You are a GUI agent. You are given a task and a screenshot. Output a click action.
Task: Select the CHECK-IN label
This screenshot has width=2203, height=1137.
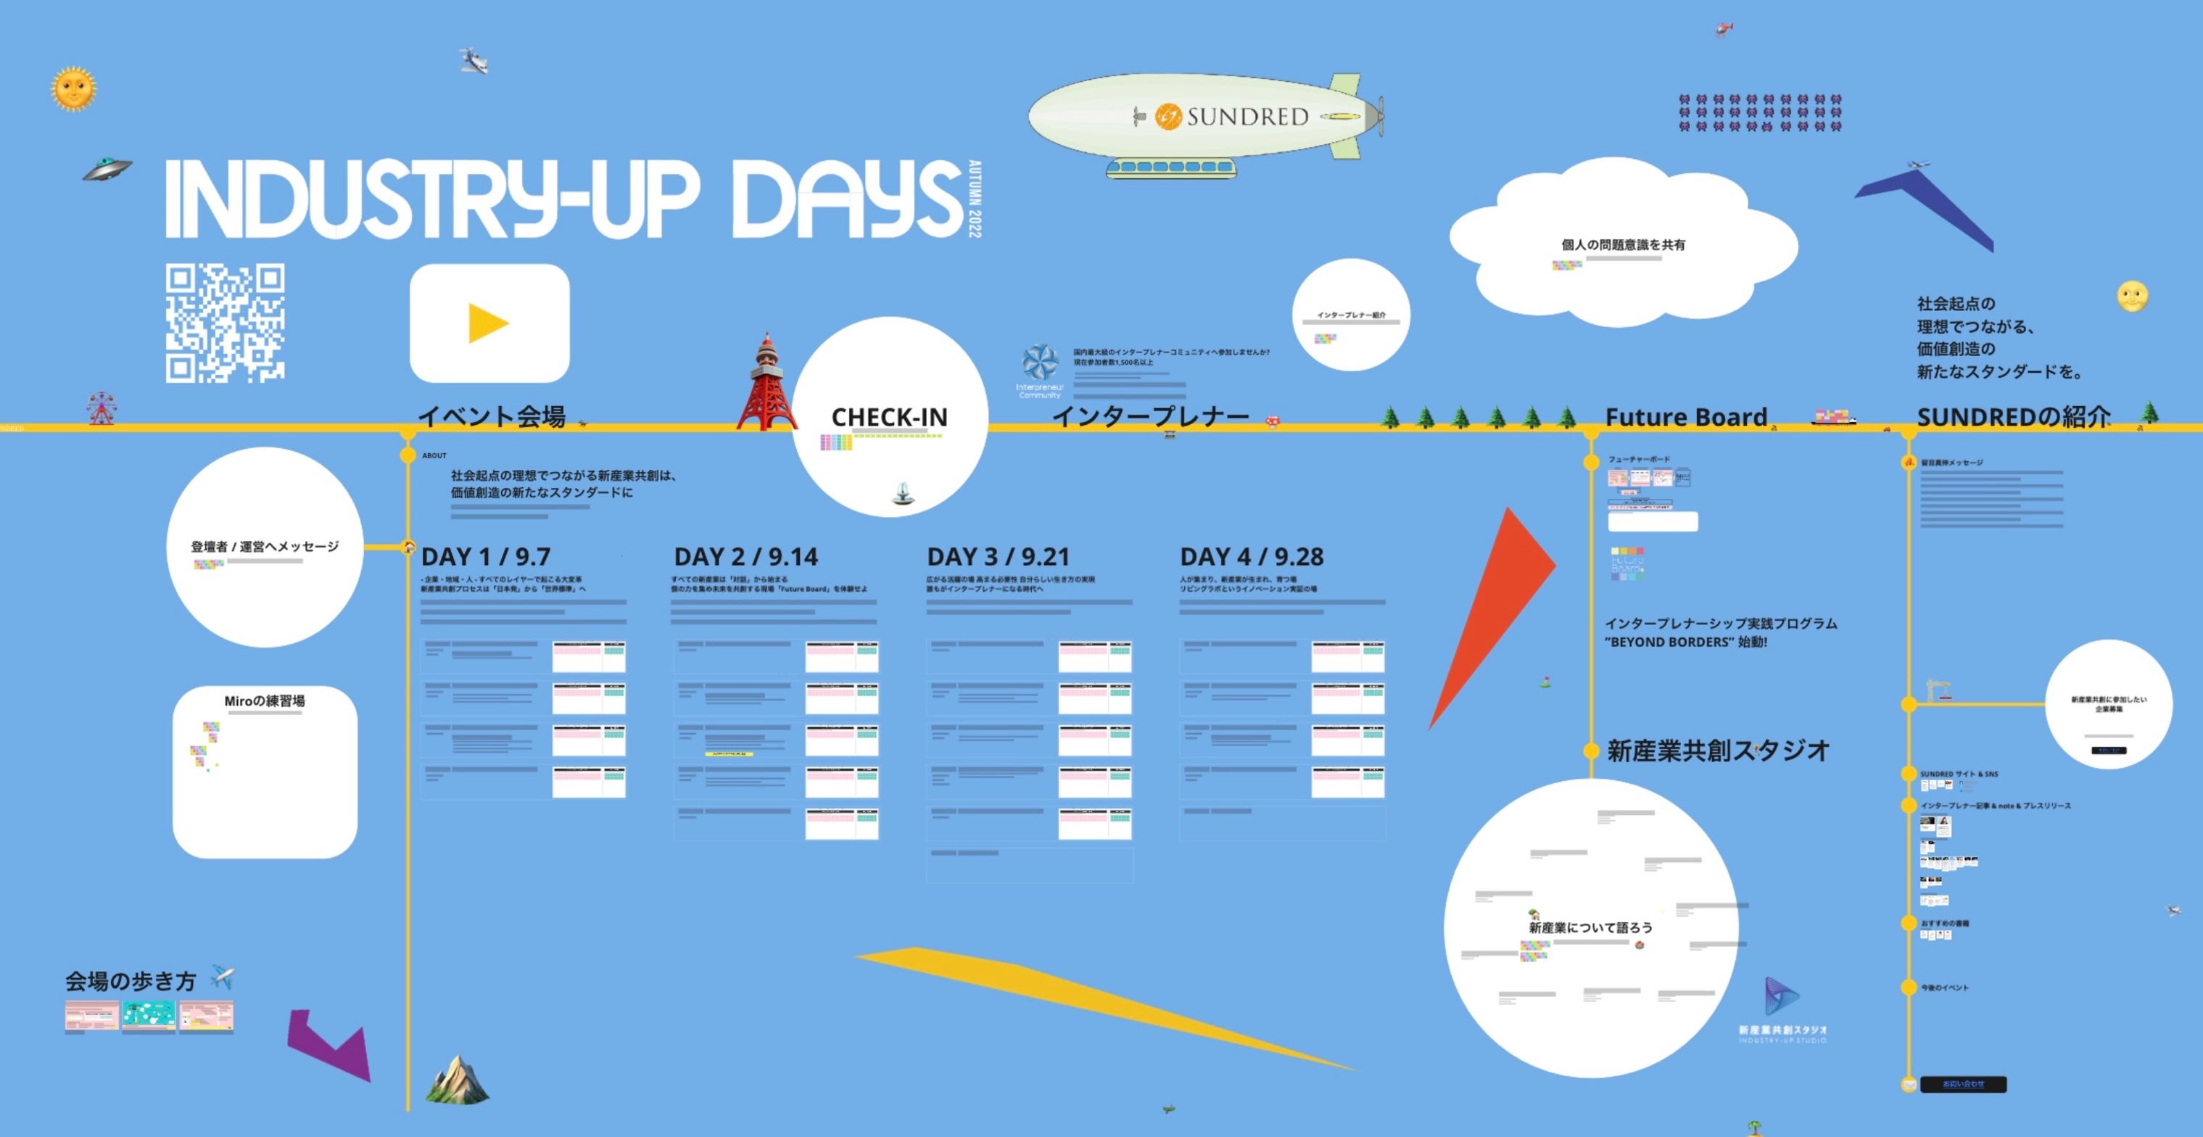coord(890,417)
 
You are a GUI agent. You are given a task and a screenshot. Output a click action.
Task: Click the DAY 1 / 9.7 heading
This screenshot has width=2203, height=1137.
coord(486,558)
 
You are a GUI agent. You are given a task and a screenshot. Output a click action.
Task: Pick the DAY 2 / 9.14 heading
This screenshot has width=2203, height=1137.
coord(745,558)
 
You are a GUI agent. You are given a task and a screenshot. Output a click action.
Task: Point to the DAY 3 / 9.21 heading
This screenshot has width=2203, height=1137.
coord(998,558)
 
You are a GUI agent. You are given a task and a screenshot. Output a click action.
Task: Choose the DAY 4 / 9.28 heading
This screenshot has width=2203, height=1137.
coord(1251,558)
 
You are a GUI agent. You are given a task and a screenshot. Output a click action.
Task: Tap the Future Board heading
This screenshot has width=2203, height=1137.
coord(1685,417)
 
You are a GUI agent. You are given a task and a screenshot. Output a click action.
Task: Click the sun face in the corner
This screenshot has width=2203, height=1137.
coord(73,88)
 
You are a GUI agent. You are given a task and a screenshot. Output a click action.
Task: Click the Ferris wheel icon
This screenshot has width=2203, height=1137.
coord(101,408)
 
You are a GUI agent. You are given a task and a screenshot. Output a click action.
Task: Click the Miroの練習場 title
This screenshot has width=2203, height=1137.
coord(264,701)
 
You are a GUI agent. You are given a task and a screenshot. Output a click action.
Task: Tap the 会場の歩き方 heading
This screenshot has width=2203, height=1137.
coord(131,981)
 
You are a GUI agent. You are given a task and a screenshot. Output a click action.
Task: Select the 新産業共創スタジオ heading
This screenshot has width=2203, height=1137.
coord(1718,751)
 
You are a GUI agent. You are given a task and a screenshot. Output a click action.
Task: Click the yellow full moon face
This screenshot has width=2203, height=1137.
coord(2132,297)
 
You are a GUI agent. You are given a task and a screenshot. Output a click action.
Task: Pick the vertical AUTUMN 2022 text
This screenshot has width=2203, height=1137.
coord(975,199)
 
